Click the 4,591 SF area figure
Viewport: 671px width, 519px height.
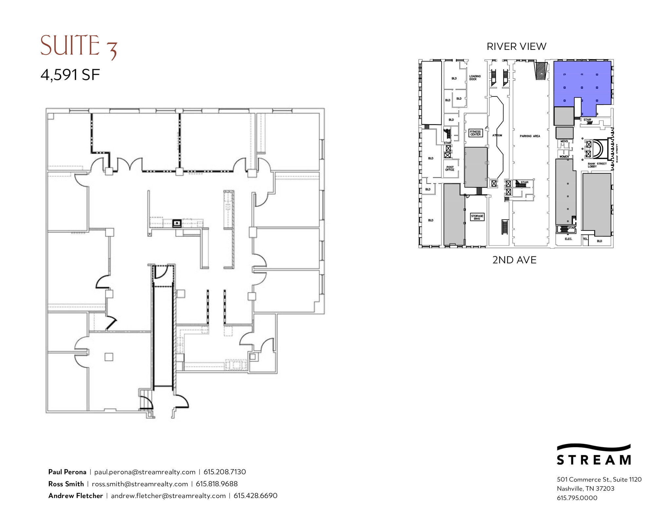70,75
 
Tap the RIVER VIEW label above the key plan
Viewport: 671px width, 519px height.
516,47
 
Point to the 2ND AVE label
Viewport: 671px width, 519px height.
514,260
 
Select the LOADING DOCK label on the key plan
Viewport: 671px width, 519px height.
475,78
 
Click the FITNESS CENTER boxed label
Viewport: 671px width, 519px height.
475,133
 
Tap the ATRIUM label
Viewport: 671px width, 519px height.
497,135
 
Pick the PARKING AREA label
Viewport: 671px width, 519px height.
530,136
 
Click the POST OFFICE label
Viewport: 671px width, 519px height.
450,169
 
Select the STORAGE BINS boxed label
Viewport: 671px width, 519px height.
477,217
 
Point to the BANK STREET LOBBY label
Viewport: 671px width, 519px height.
597,165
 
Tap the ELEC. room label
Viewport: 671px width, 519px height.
568,239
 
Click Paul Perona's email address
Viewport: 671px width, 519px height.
145,472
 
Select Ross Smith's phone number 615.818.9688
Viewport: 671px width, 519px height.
217,484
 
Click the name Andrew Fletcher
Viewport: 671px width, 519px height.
76,496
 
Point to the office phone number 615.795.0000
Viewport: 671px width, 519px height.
577,498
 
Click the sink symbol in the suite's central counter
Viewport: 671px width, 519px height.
177,224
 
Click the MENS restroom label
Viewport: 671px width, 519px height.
564,141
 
